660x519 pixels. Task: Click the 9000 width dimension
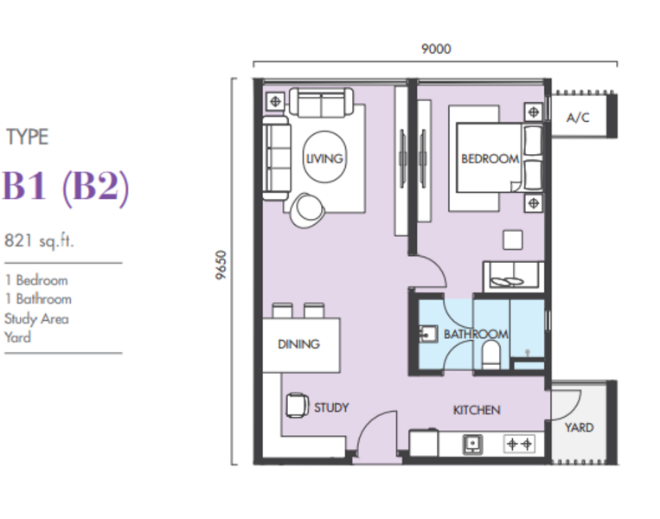coord(436,48)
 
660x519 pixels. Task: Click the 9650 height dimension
coord(221,265)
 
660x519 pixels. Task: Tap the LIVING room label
coord(324,158)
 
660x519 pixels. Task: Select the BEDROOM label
coord(490,158)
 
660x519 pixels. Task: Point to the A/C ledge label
coord(578,118)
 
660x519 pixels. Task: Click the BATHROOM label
coord(476,334)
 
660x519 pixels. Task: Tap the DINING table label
coord(298,344)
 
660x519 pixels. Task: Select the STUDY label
coord(331,407)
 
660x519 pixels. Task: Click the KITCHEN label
coord(477,410)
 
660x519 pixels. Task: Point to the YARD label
coord(580,427)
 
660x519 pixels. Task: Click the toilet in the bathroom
coord(490,355)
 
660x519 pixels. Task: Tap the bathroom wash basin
coord(428,335)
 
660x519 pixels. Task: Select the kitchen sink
coord(472,444)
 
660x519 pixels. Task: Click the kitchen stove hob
coord(519,444)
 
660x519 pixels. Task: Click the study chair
coord(297,406)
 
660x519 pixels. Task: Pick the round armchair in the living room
coord(307,210)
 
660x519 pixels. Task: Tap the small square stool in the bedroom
coord(513,240)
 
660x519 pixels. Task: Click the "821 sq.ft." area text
coord(39,241)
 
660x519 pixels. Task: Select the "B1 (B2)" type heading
coord(66,187)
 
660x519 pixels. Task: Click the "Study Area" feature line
coord(36,318)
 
